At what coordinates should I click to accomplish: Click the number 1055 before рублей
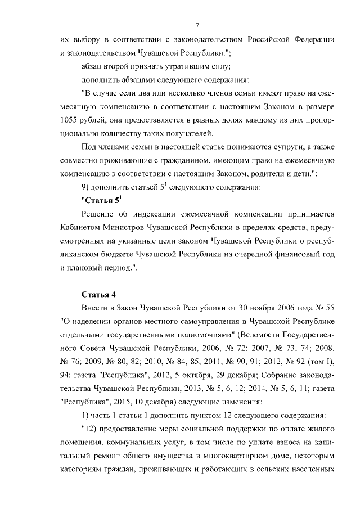tap(69, 120)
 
